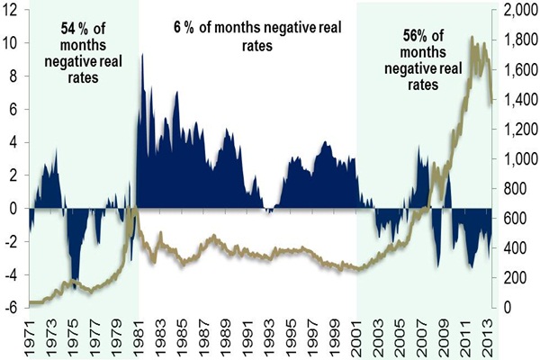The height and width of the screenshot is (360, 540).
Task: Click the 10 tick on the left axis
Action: [12, 42]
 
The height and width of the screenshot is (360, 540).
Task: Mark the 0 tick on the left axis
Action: [14, 208]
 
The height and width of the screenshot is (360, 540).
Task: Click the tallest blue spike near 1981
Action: [142, 55]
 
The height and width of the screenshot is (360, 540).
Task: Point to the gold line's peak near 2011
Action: [472, 38]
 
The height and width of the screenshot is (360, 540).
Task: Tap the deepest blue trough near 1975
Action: [76, 282]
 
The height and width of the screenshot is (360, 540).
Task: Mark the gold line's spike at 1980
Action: [131, 211]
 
